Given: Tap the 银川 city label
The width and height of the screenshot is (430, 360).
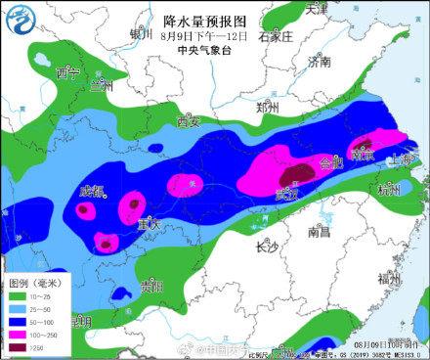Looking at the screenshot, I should click(x=137, y=37).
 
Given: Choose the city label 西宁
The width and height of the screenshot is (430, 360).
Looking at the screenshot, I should click(x=66, y=74).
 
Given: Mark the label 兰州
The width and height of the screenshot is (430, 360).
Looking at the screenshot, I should click(x=102, y=86).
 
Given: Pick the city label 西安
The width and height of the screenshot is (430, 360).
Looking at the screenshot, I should click(x=189, y=122).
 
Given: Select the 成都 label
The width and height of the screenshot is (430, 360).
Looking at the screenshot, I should click(x=92, y=190).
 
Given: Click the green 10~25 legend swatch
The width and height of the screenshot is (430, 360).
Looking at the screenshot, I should click(x=17, y=294).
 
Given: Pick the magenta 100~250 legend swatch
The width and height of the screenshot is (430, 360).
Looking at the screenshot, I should click(x=17, y=333).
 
